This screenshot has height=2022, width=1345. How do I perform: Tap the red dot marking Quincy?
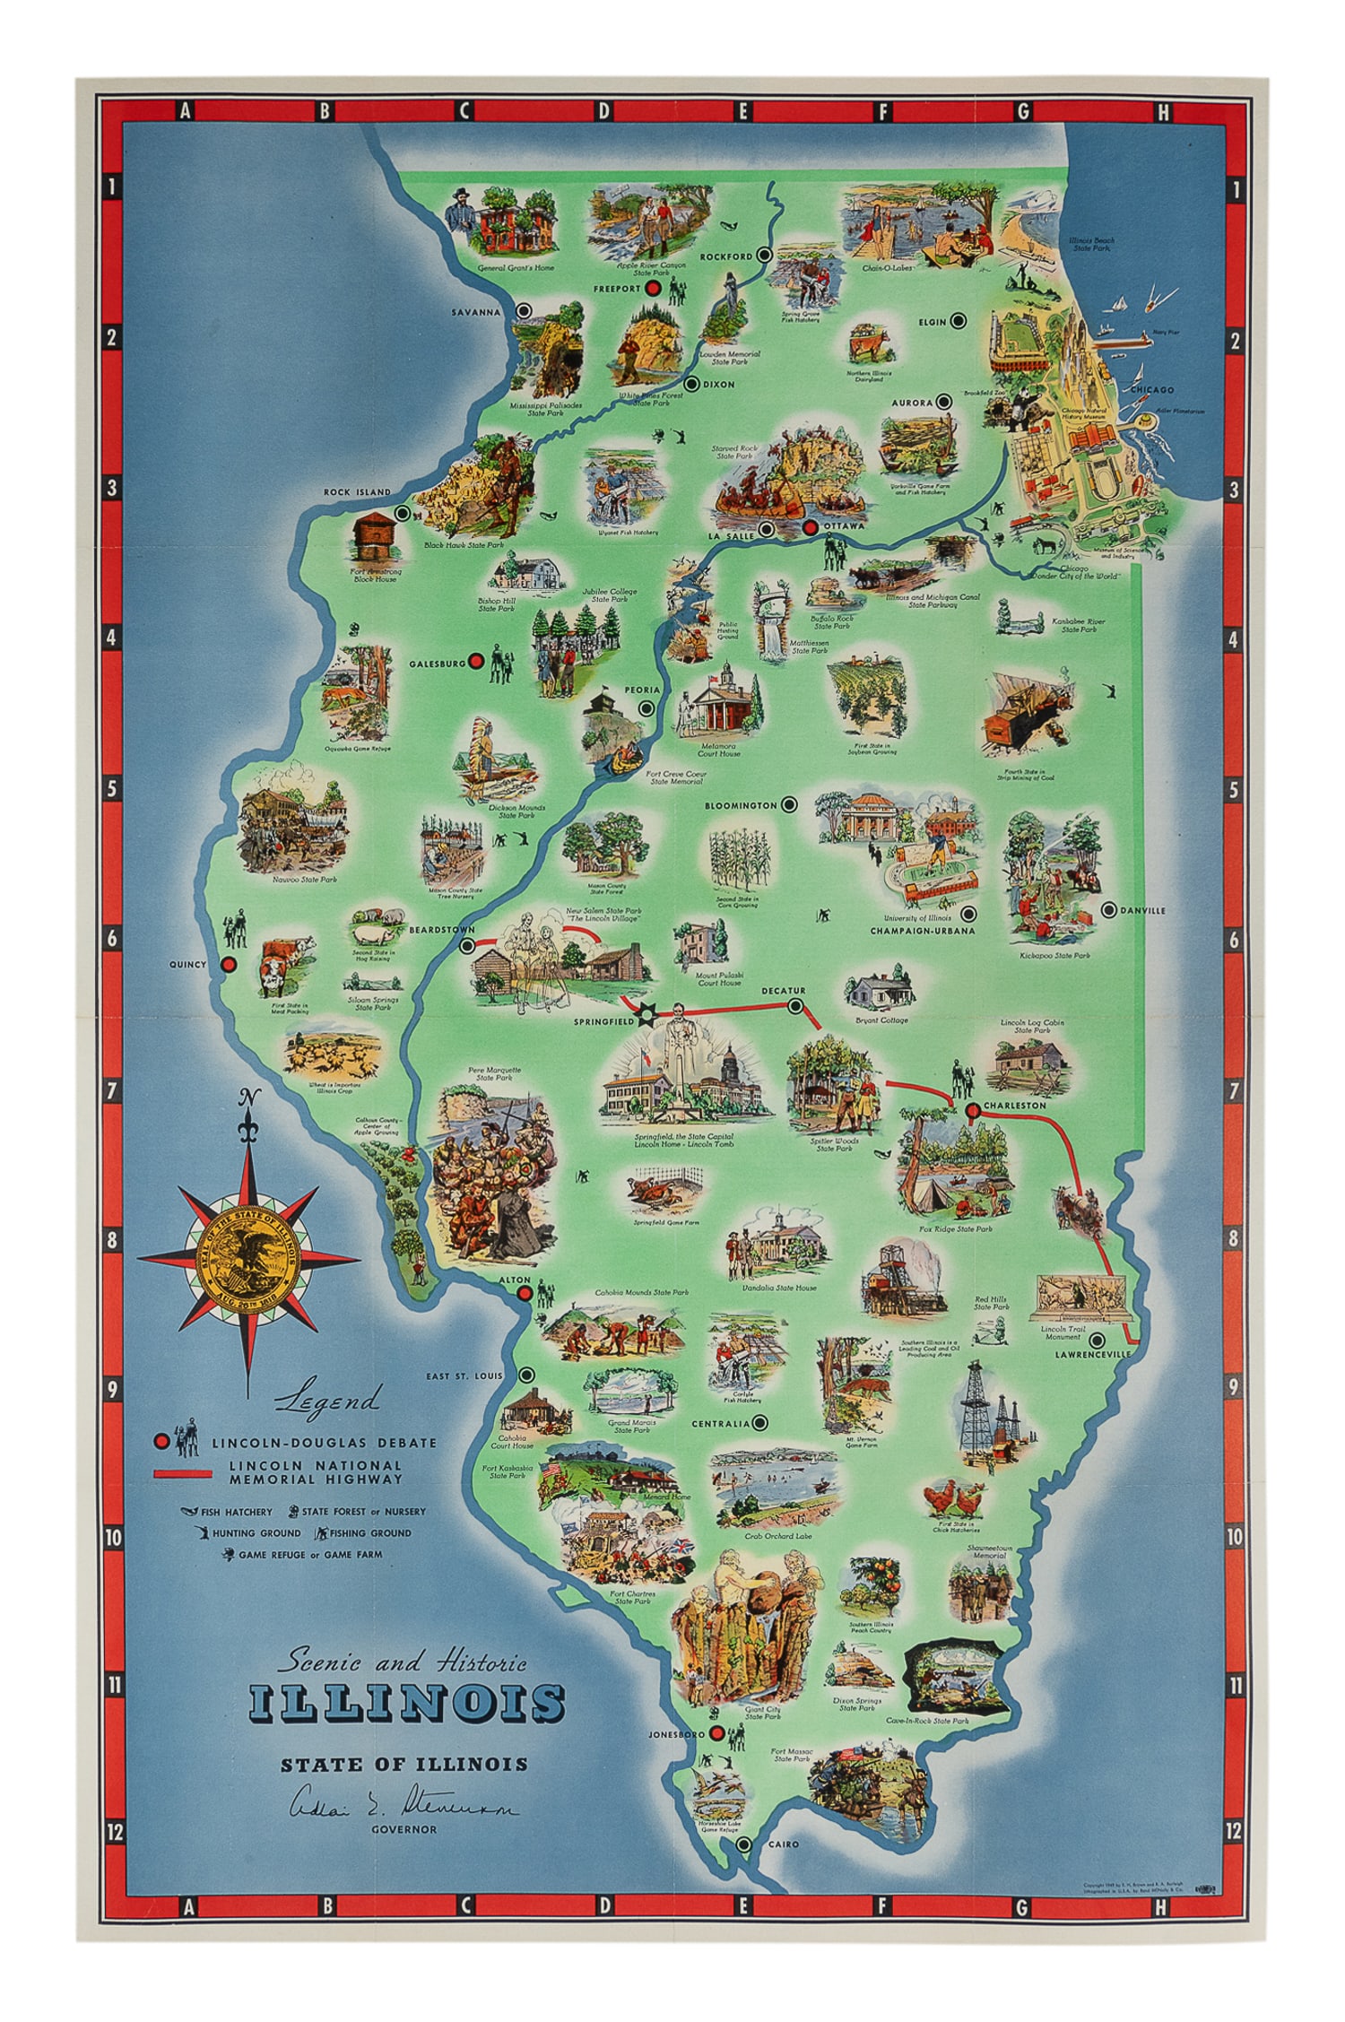[229, 964]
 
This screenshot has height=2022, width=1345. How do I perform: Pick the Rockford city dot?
[764, 255]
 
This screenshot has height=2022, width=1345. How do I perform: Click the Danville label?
[1142, 910]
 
